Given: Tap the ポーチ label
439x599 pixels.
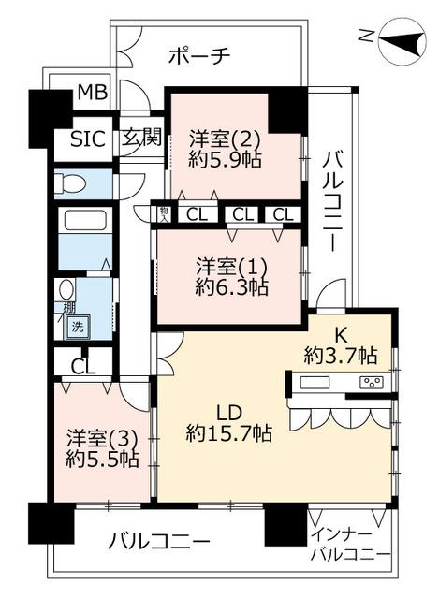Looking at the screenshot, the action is point(199,56).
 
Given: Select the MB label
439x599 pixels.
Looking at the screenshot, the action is point(93,92).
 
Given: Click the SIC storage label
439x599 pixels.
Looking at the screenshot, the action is point(88,139).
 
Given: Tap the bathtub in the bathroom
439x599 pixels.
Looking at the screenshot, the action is point(85,221).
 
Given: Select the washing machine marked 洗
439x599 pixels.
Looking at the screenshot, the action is point(78,327).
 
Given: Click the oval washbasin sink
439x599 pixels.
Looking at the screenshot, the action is point(66,289).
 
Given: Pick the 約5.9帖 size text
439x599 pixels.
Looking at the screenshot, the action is point(225,161).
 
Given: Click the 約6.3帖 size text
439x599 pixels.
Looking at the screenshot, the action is point(231,287).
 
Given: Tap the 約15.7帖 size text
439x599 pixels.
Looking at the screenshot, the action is point(229,433).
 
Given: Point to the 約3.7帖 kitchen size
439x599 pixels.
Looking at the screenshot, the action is point(341,355).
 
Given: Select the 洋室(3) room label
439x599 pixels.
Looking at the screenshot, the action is point(102,439).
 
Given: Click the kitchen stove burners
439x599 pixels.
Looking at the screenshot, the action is point(372,382).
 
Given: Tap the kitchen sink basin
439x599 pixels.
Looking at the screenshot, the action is point(315,382).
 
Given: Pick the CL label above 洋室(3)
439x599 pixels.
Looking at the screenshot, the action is point(83,367).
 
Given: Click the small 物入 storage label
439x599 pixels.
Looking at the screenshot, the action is point(165,214).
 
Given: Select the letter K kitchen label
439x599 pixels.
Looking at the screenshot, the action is point(342,336).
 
